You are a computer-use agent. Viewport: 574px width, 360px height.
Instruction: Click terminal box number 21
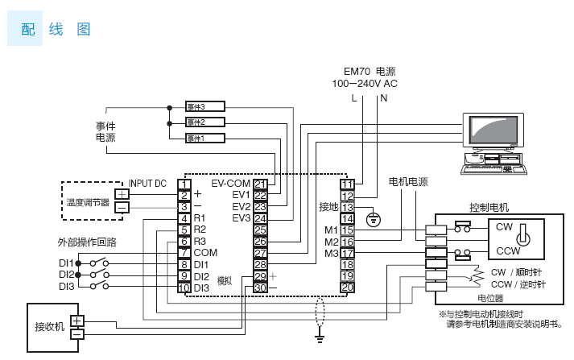[x=260, y=184]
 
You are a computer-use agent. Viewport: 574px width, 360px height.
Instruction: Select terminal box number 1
[x=184, y=184]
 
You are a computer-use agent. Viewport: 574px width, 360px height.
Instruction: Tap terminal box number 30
[x=260, y=287]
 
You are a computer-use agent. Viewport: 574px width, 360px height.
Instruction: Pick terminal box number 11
[x=347, y=184]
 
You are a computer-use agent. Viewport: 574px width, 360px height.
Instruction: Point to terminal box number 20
[x=347, y=287]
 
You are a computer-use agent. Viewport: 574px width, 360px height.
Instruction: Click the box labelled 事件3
[x=205, y=106]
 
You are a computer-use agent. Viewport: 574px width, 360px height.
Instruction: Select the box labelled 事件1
[x=205, y=138]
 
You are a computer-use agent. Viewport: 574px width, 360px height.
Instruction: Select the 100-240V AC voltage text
[x=365, y=83]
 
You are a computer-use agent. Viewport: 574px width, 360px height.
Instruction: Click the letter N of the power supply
[x=383, y=98]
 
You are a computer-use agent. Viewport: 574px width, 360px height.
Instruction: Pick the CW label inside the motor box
[x=504, y=227]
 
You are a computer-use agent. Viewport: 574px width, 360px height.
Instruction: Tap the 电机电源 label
[x=408, y=182]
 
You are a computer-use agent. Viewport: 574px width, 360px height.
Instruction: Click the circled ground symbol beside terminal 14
[x=372, y=218]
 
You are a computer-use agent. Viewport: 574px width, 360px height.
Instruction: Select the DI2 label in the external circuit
[x=66, y=275]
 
